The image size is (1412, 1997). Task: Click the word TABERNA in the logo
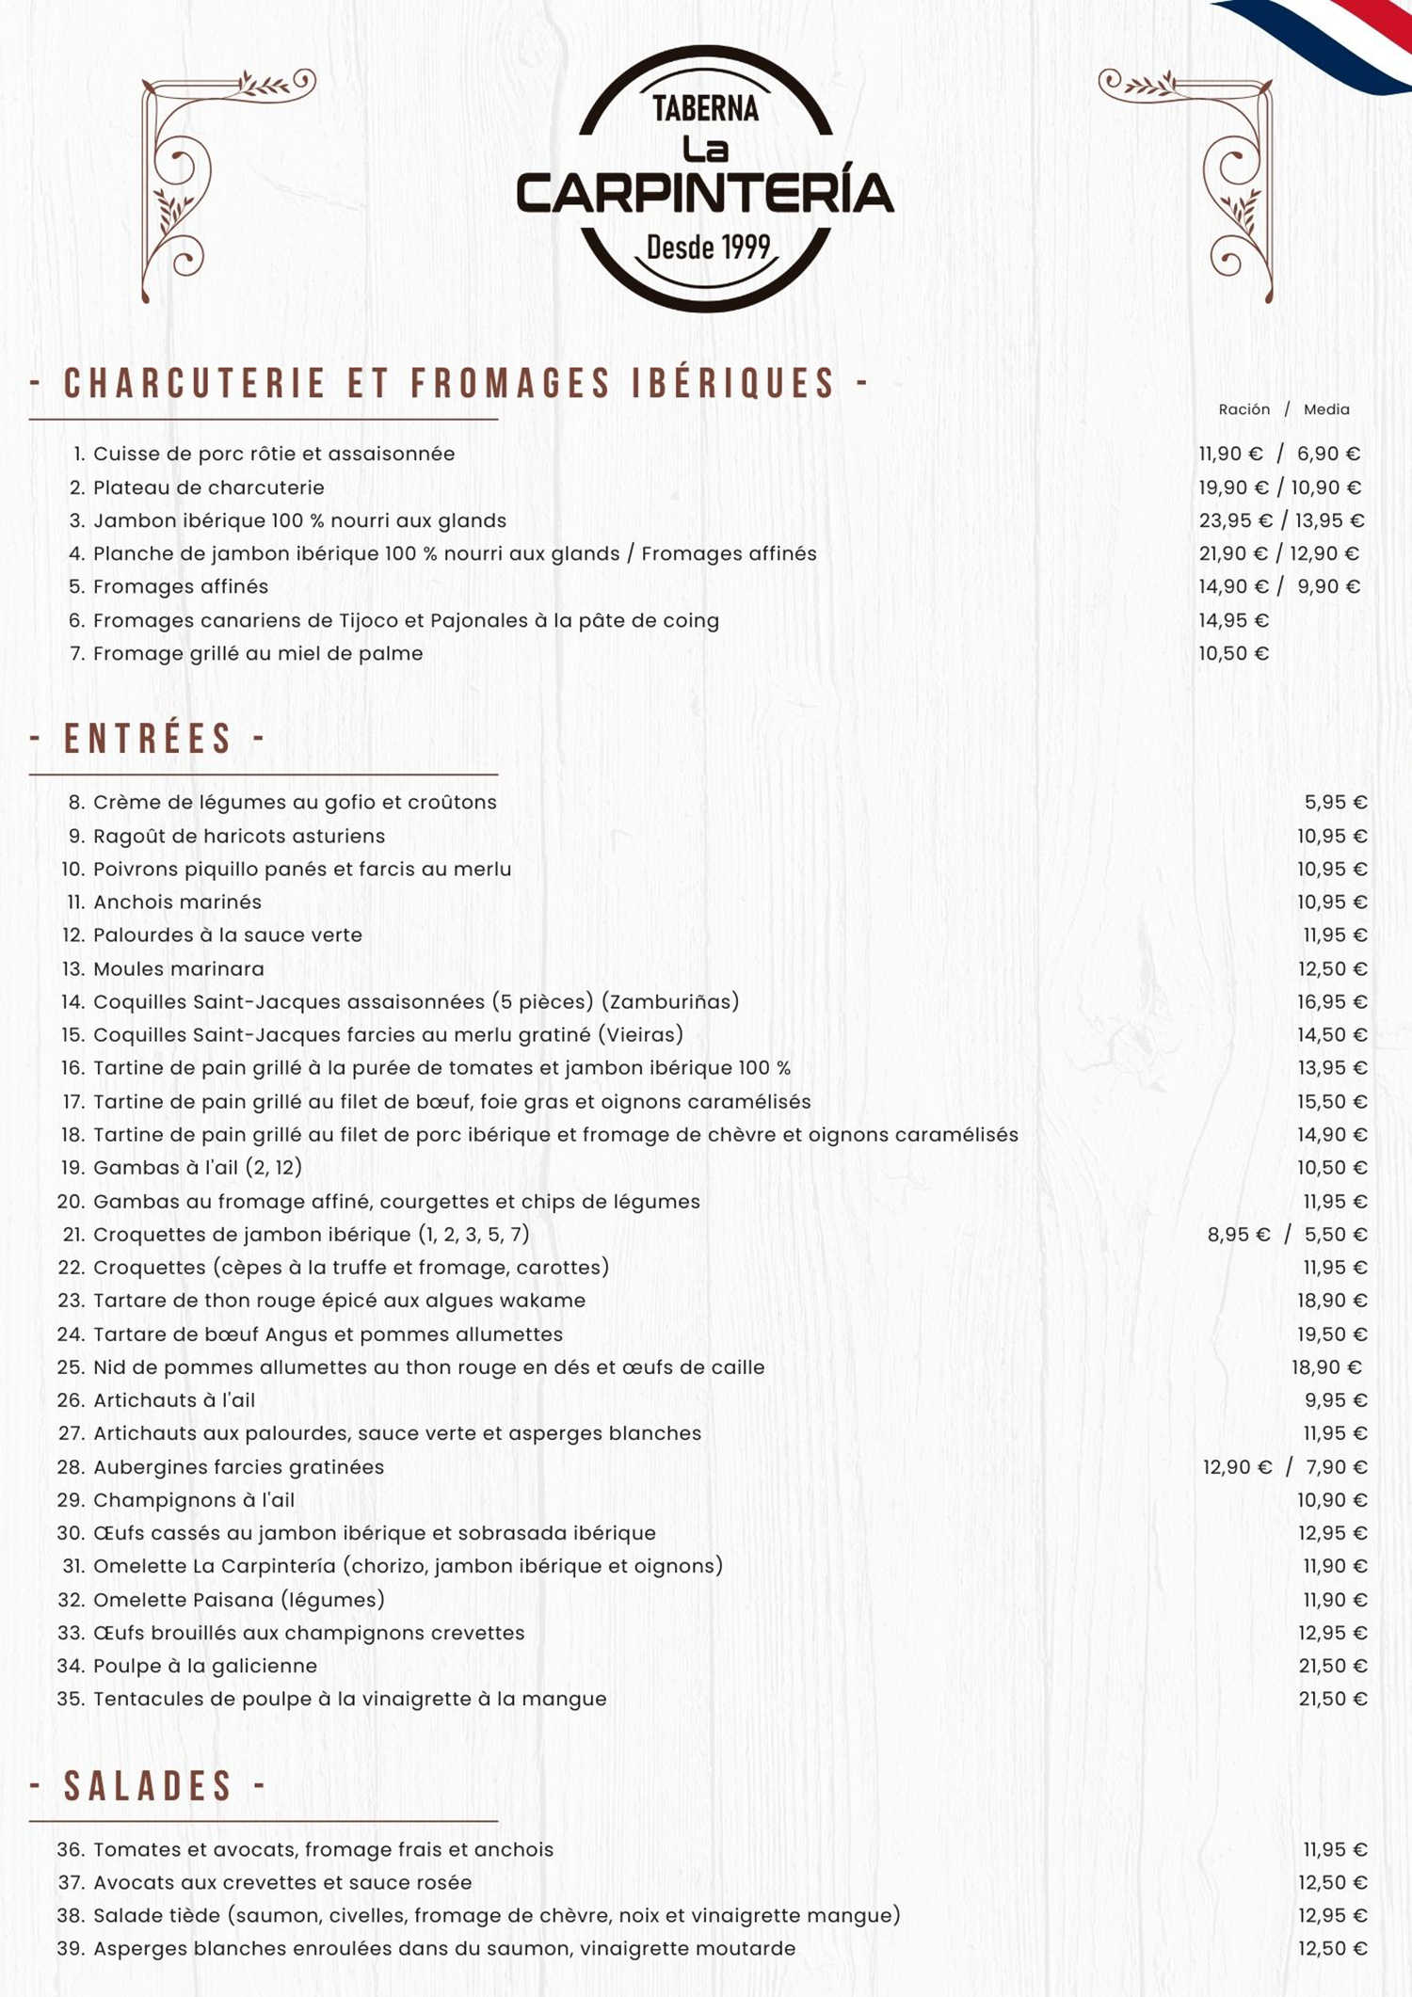point(705,109)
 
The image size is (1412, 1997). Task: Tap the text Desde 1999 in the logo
point(708,248)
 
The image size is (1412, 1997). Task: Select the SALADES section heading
point(148,1786)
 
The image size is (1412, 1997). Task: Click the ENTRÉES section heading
point(148,739)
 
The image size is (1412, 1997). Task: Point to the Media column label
point(1326,409)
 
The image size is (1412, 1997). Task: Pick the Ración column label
point(1244,409)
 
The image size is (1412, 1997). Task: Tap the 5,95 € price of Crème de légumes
point(1335,803)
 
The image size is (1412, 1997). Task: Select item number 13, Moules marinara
point(178,968)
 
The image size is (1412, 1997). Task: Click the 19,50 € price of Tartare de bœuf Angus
point(1332,1334)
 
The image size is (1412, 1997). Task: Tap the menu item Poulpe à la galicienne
point(204,1666)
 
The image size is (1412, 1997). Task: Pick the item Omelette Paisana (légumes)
point(238,1600)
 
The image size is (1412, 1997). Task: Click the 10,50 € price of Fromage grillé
point(1233,653)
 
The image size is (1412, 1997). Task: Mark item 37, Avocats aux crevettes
point(281,1882)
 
